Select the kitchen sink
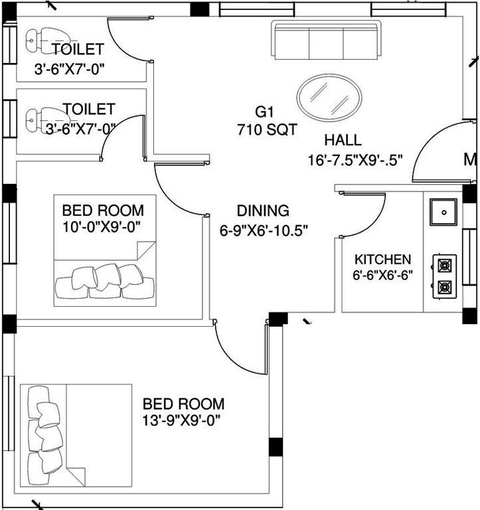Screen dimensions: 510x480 (x=442, y=212)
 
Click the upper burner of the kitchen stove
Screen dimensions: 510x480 (x=443, y=264)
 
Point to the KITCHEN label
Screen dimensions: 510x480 (x=382, y=260)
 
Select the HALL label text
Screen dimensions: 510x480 (x=343, y=140)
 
